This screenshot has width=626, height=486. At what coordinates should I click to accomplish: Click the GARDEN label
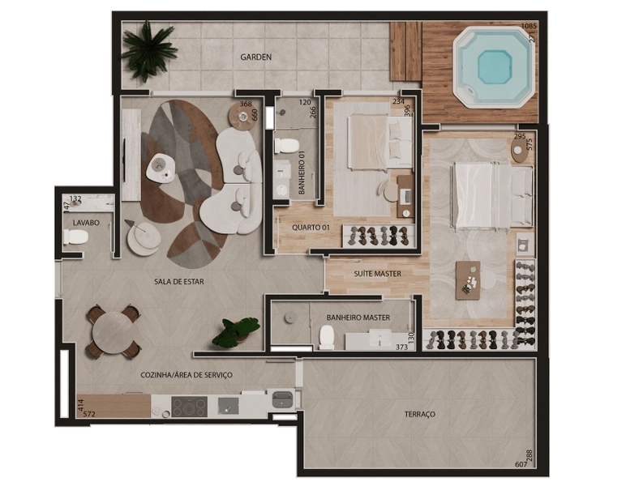pyautogui.click(x=256, y=57)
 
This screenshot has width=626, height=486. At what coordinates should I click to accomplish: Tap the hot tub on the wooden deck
pyautogui.click(x=495, y=66)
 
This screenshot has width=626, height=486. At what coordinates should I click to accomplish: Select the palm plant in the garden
pyautogui.click(x=148, y=51)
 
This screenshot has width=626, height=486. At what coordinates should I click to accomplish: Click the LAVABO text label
pyautogui.click(x=86, y=223)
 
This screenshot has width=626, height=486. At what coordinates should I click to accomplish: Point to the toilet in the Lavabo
pyautogui.click(x=75, y=237)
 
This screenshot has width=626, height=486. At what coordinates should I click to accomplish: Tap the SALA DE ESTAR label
pyautogui.click(x=179, y=282)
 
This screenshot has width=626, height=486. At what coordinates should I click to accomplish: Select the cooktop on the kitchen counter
pyautogui.click(x=189, y=407)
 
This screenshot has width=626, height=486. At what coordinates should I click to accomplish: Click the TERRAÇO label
pyautogui.click(x=419, y=414)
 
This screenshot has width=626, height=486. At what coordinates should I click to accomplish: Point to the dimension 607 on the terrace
pyautogui.click(x=521, y=464)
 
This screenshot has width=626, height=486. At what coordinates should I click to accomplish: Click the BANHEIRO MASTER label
pyautogui.click(x=358, y=318)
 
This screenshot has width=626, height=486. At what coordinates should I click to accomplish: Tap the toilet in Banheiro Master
pyautogui.click(x=327, y=337)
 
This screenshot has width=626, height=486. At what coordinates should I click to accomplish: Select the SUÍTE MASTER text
pyautogui.click(x=377, y=274)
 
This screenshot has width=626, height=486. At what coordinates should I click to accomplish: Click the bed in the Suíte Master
pyautogui.click(x=492, y=197)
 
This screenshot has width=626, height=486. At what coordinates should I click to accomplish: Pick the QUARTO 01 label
pyautogui.click(x=311, y=228)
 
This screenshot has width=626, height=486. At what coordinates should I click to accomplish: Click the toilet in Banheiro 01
pyautogui.click(x=287, y=146)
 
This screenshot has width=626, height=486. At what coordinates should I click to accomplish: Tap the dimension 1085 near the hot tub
pyautogui.click(x=529, y=26)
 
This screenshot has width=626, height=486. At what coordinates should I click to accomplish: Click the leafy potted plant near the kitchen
pyautogui.click(x=235, y=332)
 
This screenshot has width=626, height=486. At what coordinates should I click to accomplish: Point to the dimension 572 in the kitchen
pyautogui.click(x=88, y=414)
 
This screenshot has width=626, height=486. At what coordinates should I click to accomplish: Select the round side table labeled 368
pyautogui.click(x=242, y=116)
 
